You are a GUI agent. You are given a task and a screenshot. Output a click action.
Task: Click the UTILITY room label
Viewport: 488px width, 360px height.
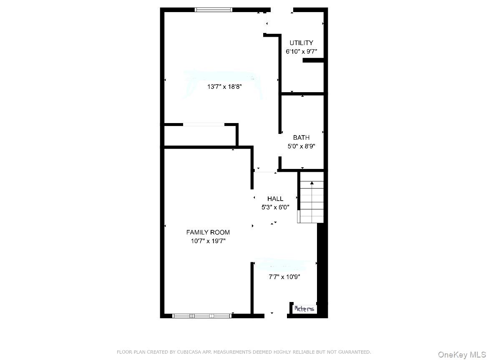pos(301,43)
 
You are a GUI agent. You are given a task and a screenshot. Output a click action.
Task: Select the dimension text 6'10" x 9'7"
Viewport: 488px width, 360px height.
pos(301,52)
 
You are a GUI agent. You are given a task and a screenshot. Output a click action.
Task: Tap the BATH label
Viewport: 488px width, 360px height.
pos(301,137)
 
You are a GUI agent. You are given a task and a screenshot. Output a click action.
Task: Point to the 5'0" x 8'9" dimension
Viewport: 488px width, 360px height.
pos(301,146)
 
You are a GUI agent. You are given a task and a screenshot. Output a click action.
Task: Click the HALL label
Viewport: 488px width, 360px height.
pos(275,199)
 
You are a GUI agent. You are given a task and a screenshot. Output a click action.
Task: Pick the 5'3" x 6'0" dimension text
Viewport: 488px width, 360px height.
pos(275,207)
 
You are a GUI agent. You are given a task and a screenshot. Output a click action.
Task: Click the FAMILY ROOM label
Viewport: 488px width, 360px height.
pos(208,232)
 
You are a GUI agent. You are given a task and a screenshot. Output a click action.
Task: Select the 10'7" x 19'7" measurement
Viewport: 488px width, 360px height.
pos(208,241)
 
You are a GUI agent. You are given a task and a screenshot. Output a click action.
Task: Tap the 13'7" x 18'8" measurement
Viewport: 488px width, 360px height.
pos(224,87)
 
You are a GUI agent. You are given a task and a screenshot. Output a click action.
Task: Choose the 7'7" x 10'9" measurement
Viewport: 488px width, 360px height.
pos(284,277)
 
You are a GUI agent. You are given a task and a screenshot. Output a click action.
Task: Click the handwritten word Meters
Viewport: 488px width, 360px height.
pos(304,309)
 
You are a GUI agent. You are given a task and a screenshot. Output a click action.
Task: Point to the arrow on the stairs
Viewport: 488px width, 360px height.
pos(312,183)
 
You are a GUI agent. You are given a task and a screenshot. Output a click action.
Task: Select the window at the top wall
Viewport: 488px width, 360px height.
pos(214,10)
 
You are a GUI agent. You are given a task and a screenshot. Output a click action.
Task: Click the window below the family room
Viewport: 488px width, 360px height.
pos(202,316)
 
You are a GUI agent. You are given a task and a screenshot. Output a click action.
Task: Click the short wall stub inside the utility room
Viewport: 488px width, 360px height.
pos(313,60)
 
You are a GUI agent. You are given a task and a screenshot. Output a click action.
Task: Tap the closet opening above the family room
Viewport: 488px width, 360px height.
pos(204,124)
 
